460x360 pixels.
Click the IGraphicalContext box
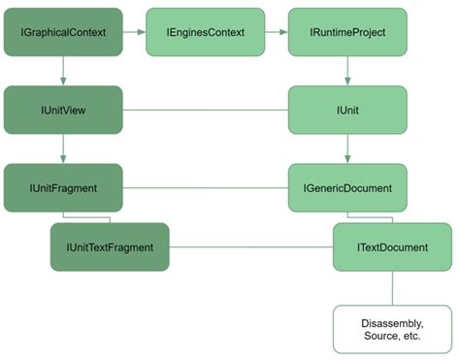pyautogui.click(x=63, y=32)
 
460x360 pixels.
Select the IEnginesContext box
pyautogui.click(x=205, y=32)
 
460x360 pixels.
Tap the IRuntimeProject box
pyautogui.click(x=347, y=32)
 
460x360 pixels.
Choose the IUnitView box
pyautogui.click(x=63, y=110)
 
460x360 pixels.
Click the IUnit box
pyautogui.click(x=347, y=110)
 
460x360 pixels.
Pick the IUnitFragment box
pyautogui.click(x=63, y=187)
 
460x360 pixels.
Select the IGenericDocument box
pyautogui.click(x=347, y=187)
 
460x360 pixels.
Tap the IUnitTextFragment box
pyautogui.click(x=110, y=246)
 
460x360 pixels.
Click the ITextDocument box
pyautogui.click(x=392, y=246)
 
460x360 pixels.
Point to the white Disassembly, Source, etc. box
pyautogui.click(x=392, y=328)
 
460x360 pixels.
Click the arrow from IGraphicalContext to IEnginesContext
pyautogui.click(x=134, y=32)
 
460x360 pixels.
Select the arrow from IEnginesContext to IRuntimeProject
pyautogui.click(x=276, y=32)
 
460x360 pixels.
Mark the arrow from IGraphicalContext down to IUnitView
pyautogui.click(x=63, y=70)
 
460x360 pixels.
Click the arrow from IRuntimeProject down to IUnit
pyautogui.click(x=347, y=70)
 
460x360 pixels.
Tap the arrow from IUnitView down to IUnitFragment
pyautogui.click(x=63, y=148)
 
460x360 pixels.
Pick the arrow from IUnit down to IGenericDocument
pyautogui.click(x=347, y=148)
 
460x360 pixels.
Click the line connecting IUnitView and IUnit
pyautogui.click(x=205, y=110)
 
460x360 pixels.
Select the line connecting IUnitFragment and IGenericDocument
pyautogui.click(x=205, y=187)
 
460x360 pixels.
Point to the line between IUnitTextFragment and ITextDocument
pyautogui.click(x=250, y=246)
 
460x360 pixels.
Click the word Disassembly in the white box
pyautogui.click(x=392, y=321)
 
